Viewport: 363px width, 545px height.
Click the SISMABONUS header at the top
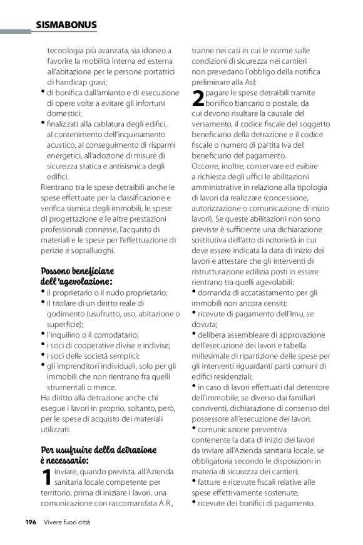66,25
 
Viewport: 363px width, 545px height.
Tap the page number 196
31,521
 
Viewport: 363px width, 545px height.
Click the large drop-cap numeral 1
46,477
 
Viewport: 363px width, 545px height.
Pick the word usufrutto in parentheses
98,314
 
